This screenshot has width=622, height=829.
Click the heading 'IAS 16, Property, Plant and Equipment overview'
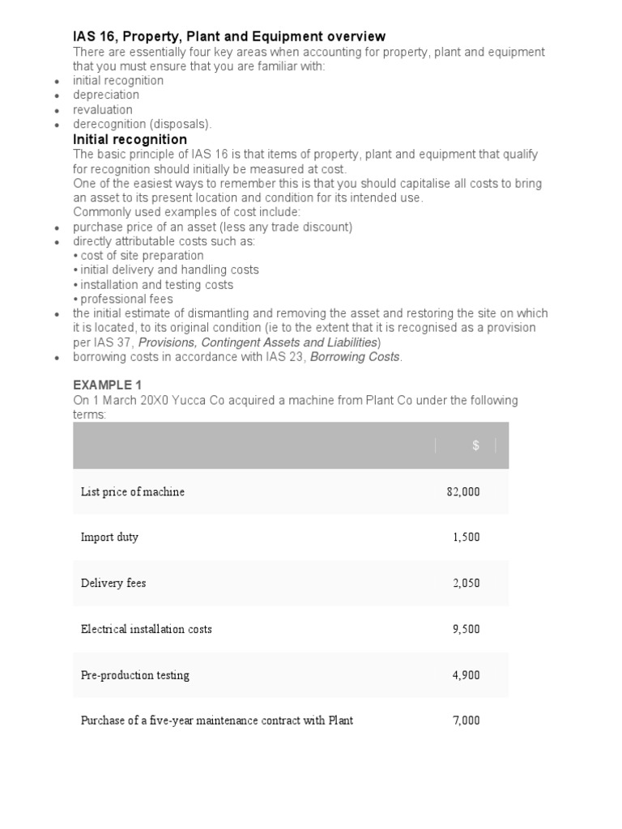coord(229,36)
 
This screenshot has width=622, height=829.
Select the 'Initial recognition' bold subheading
coord(130,139)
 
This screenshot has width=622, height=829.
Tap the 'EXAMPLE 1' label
coord(107,385)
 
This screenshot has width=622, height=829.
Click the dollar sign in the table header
coord(476,446)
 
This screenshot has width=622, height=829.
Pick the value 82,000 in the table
coord(462,491)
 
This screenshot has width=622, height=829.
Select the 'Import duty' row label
coord(109,538)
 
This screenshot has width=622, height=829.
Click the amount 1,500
coord(466,538)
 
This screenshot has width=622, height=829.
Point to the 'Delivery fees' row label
coord(113,583)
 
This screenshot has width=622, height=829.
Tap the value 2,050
coord(466,583)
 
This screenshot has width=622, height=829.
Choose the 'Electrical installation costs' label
coord(147,629)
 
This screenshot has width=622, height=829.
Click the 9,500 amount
coord(466,629)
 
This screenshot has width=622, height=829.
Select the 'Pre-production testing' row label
coord(135,675)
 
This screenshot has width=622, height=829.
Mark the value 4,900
coord(466,675)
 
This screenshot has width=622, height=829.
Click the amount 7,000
coord(466,721)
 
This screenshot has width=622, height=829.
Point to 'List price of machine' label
coord(133,491)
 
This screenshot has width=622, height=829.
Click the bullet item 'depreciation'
coord(106,95)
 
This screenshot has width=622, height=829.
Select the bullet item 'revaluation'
coord(103,109)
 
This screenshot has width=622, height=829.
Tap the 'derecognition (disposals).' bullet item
coord(143,124)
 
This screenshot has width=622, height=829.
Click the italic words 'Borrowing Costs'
coord(355,357)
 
